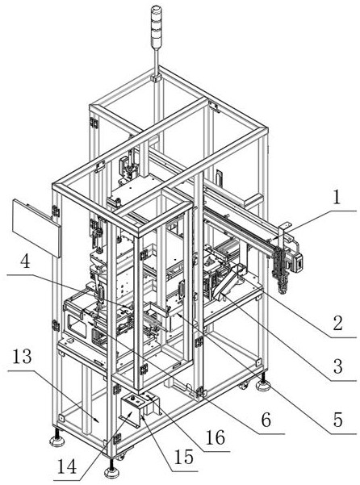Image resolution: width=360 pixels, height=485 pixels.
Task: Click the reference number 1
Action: click(x=337, y=197)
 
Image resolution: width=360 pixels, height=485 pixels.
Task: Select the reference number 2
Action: click(x=337, y=323)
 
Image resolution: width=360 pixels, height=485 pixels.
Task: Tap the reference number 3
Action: click(x=337, y=366)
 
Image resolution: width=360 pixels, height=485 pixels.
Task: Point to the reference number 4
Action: click(x=25, y=261)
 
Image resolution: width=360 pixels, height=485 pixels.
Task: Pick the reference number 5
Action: click(x=337, y=420)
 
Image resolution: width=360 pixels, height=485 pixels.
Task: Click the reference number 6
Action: click(x=266, y=420)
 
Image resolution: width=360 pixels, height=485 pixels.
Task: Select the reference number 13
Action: click(x=22, y=357)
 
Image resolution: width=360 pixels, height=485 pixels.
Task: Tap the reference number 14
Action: click(x=67, y=467)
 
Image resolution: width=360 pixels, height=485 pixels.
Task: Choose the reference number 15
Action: click(x=184, y=457)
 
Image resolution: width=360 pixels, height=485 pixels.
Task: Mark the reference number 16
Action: click(x=216, y=437)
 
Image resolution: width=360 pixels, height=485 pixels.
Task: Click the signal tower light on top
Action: click(x=155, y=27)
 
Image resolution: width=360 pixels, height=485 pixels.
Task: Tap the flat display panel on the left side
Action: click(x=36, y=228)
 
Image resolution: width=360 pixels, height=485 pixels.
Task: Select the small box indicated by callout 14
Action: click(x=131, y=408)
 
